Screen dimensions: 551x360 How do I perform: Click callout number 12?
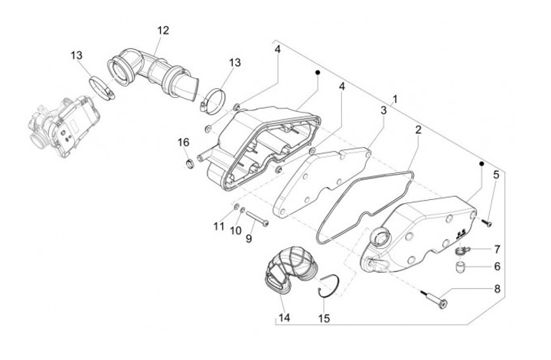pyautogui.click(x=162, y=31)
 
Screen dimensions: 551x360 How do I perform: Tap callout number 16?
pyautogui.click(x=184, y=142)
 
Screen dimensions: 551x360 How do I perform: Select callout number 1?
pyautogui.click(x=396, y=100)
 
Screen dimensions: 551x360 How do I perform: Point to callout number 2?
pyautogui.click(x=418, y=130)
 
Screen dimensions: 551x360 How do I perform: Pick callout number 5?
pyautogui.click(x=496, y=175)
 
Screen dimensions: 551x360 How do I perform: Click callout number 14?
pyautogui.click(x=284, y=317)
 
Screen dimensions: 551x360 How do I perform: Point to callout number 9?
pyautogui.click(x=248, y=239)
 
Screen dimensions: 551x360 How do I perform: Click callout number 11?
pyautogui.click(x=219, y=226)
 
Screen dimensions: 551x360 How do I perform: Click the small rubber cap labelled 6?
pyautogui.click(x=461, y=268)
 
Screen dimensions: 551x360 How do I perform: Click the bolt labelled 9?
pyautogui.click(x=258, y=222)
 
